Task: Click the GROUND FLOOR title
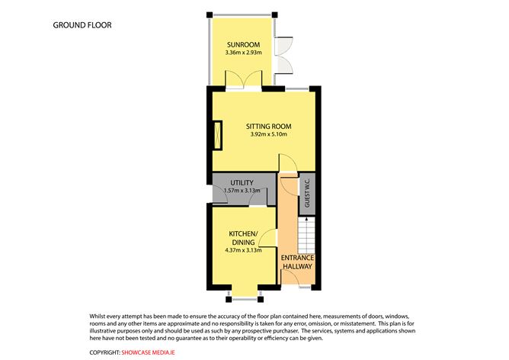pyautogui.click(x=82, y=25)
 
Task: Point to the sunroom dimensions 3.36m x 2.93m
pyautogui.click(x=243, y=53)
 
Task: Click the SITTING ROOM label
pyautogui.click(x=268, y=127)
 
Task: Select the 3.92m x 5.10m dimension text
pyautogui.click(x=268, y=136)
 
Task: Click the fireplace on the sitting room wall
pyautogui.click(x=217, y=137)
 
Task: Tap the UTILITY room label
pyautogui.click(x=242, y=182)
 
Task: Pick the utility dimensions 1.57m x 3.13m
pyautogui.click(x=242, y=191)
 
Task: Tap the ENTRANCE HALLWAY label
pyautogui.click(x=298, y=262)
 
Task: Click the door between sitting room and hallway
pyautogui.click(x=288, y=165)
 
